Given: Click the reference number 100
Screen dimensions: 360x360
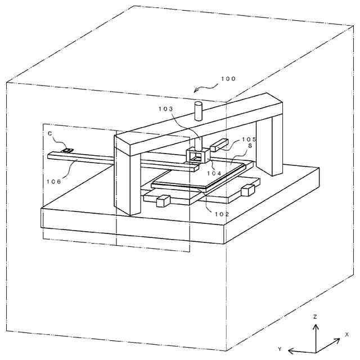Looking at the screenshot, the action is tap(228, 79).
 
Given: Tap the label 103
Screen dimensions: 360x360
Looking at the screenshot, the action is tap(166, 109).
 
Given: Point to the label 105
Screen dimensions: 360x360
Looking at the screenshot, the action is tap(249, 139).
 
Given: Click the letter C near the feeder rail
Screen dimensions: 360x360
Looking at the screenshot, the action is tap(50, 133).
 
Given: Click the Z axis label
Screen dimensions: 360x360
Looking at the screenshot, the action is tap(315, 317).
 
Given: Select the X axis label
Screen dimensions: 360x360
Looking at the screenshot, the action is tap(346, 334).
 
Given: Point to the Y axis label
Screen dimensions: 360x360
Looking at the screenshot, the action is tap(279, 349).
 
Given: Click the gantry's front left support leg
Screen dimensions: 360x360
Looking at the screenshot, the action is tap(127, 180).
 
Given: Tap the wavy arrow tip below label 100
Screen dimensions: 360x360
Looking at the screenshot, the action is tap(194, 91).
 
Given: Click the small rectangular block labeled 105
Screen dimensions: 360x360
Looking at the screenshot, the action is tap(218, 147).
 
